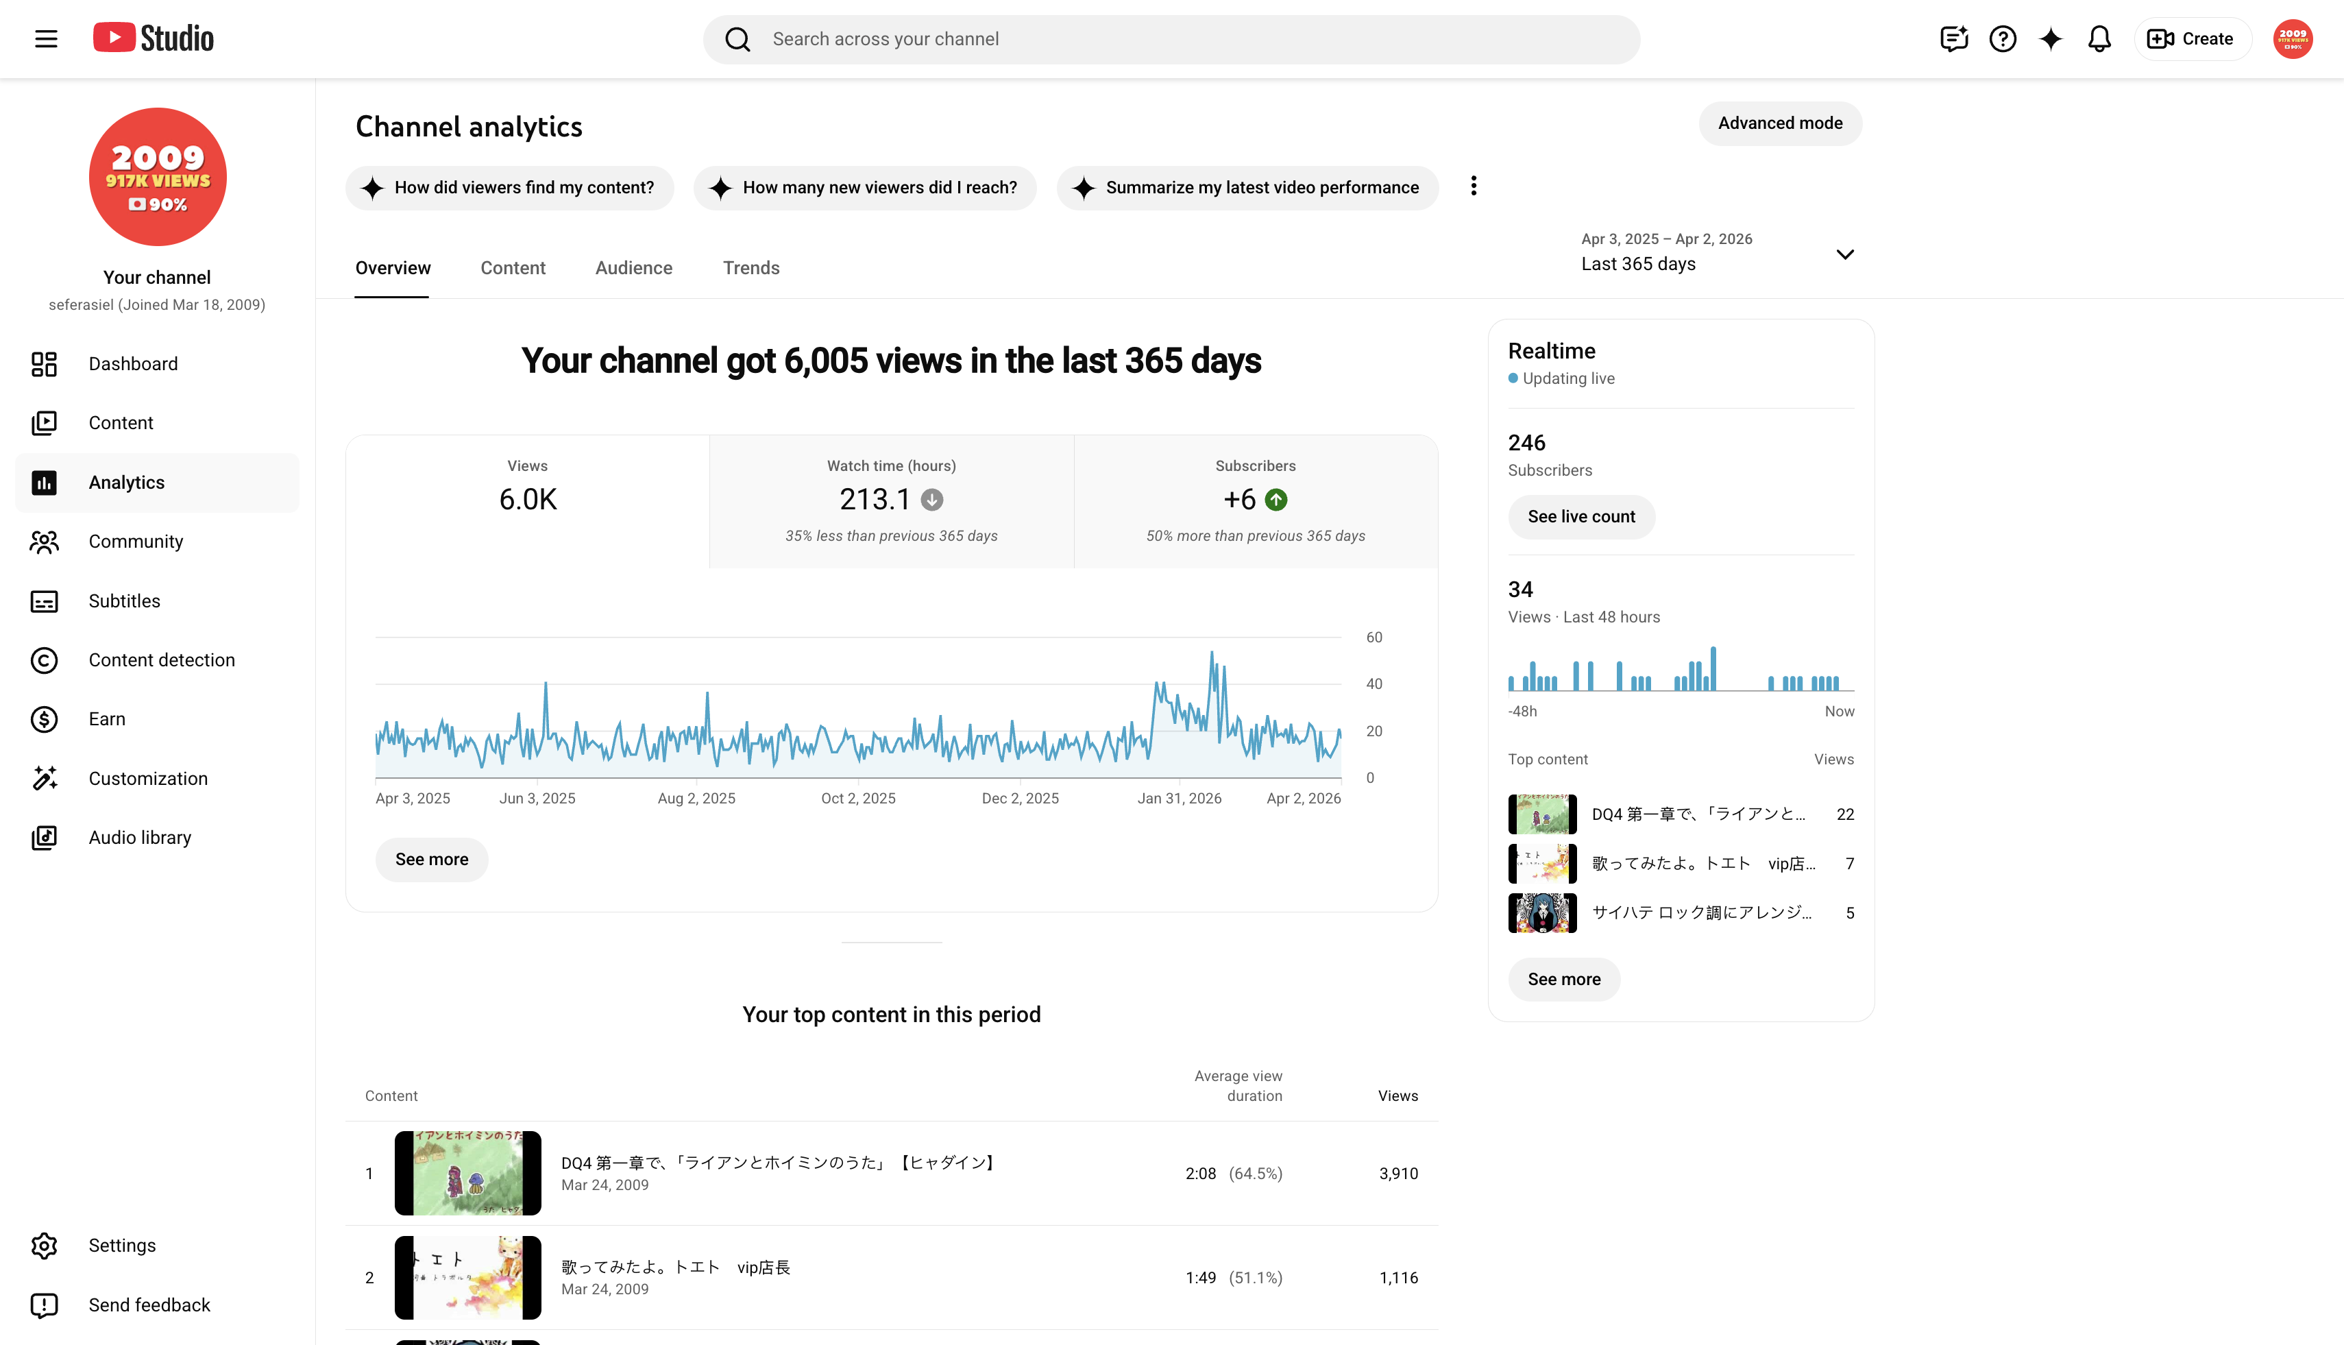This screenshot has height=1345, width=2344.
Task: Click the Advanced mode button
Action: tap(1780, 123)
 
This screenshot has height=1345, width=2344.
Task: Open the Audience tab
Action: tap(633, 268)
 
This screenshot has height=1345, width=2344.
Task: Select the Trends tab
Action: tap(751, 268)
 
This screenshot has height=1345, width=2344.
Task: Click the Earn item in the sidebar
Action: tap(106, 718)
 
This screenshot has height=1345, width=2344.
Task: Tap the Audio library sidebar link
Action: tap(139, 837)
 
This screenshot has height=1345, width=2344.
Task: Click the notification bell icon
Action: tap(2099, 39)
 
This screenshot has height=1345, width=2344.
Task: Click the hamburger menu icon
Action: tap(46, 39)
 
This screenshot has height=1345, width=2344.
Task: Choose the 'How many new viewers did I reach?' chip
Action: tap(864, 188)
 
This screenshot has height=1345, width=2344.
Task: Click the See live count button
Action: tap(1581, 516)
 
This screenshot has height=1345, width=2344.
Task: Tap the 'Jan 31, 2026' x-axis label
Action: tap(1180, 798)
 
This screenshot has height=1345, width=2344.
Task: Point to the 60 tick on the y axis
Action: tap(1374, 638)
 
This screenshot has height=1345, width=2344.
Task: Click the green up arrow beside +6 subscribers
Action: tap(1276, 500)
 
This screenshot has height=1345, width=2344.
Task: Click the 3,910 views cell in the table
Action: tap(1398, 1173)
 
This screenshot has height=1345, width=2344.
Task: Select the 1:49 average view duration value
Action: tap(1201, 1278)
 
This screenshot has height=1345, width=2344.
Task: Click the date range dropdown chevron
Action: tap(1844, 254)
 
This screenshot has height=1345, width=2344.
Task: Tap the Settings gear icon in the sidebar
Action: tap(43, 1245)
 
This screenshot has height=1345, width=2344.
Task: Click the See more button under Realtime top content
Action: tap(1563, 979)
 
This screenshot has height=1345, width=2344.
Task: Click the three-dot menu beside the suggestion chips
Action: tap(1473, 186)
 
